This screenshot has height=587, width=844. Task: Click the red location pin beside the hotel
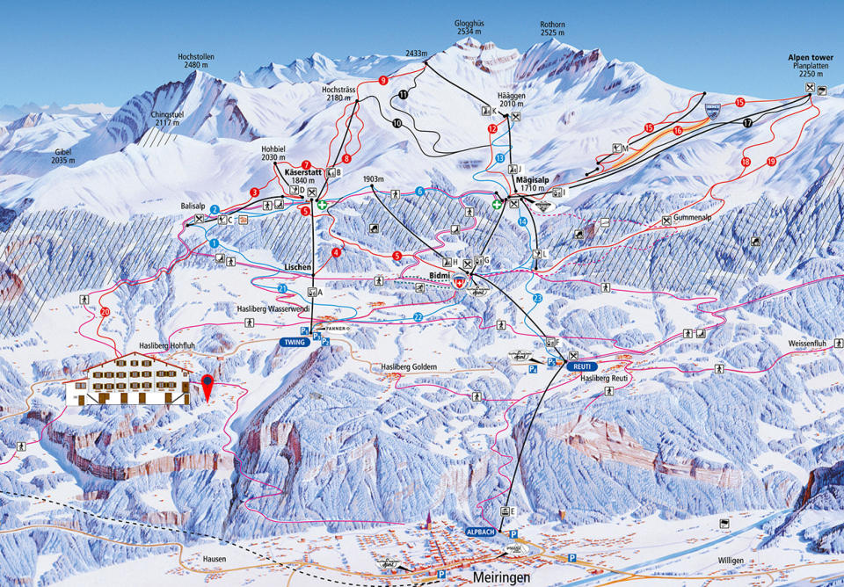pyautogui.click(x=207, y=385)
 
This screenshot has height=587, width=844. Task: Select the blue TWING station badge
pyautogui.click(x=293, y=342)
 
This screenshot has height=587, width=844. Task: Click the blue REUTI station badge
pyautogui.click(x=580, y=366)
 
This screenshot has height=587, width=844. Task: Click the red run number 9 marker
pyautogui.click(x=383, y=81)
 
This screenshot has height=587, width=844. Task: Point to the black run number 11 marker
pyautogui.click(x=403, y=93)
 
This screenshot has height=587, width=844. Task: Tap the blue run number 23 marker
pyautogui.click(x=538, y=298)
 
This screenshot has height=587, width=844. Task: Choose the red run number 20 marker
pyautogui.click(x=105, y=311)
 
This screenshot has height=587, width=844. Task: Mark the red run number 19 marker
pyautogui.click(x=771, y=162)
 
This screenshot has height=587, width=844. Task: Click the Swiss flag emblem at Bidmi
pyautogui.click(x=458, y=285)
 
